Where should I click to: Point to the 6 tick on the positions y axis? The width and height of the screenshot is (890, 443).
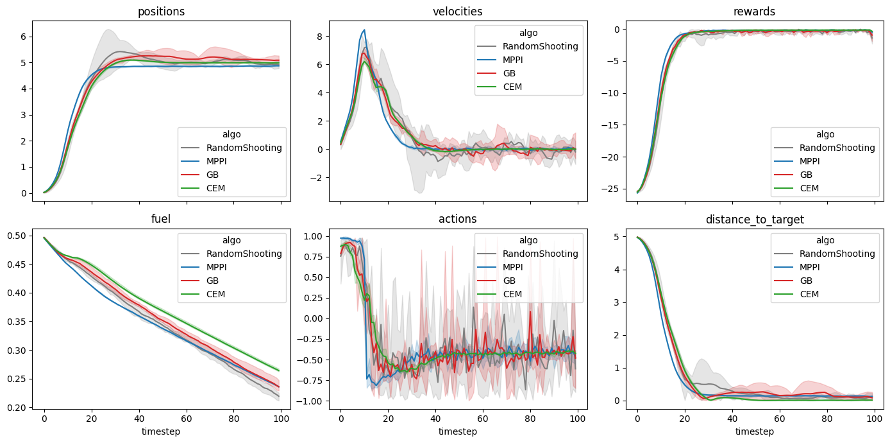pos(23,37)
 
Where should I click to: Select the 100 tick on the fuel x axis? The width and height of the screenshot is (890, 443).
pos(280,418)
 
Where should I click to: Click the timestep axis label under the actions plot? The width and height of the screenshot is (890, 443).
pos(458,431)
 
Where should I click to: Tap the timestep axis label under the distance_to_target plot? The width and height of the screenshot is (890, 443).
pos(754,431)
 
